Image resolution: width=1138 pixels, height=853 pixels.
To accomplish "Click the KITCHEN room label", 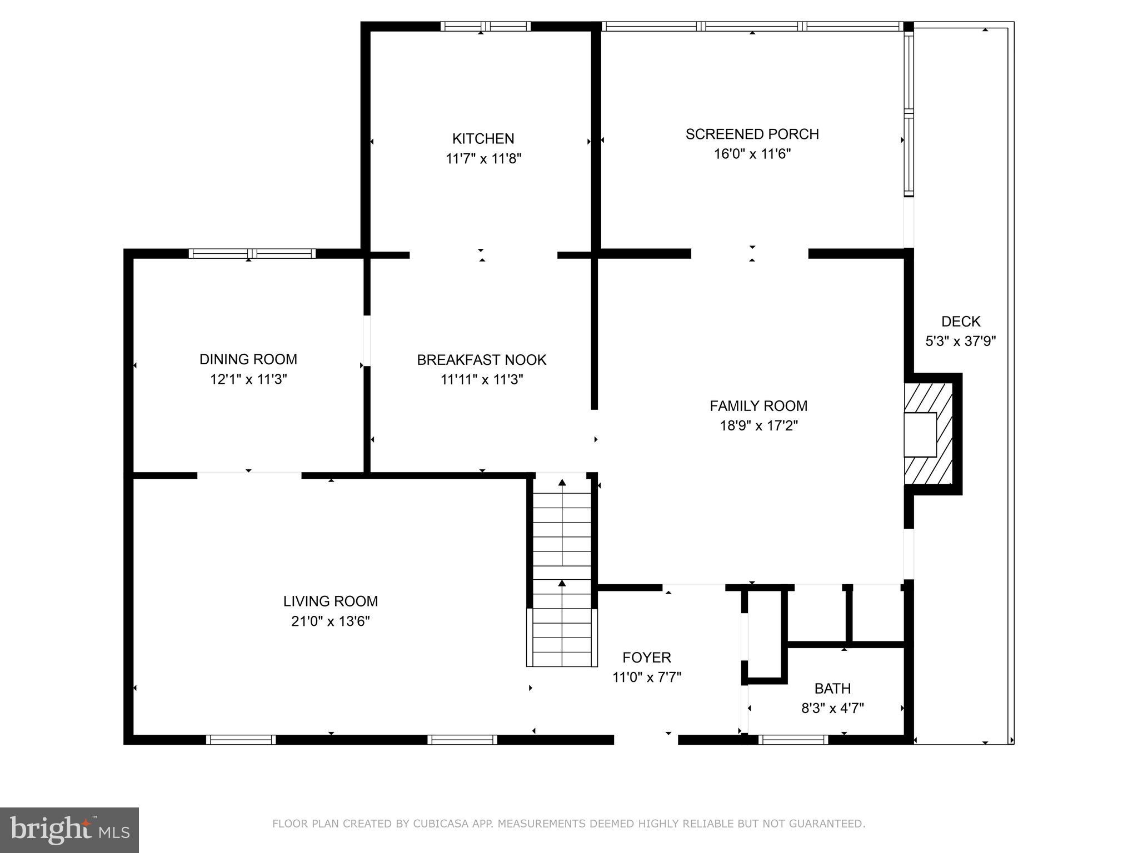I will (483, 138).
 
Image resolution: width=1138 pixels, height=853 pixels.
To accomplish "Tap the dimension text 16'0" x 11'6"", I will (752, 154).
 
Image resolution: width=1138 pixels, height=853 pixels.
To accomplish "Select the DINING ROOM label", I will (248, 359).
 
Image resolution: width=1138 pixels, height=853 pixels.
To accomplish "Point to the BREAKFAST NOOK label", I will (481, 360).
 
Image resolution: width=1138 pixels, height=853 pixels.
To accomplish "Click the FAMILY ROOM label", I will (758, 406).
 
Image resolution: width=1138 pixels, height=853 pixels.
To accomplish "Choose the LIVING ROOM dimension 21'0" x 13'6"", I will (330, 621).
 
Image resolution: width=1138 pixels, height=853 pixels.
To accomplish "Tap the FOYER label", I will (646, 658).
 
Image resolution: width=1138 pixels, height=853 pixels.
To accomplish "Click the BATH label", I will (832, 689).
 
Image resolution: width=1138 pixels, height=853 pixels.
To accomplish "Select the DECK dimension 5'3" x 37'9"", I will (960, 341).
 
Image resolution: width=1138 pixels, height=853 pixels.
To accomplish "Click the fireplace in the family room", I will (928, 434).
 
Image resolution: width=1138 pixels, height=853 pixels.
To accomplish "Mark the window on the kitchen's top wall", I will (486, 26).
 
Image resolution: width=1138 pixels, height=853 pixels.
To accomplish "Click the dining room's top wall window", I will (252, 254).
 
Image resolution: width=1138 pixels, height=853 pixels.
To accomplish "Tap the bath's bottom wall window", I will (793, 739).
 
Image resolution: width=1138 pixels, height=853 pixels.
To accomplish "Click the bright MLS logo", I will (69, 830).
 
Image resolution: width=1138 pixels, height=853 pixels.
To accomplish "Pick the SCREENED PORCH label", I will (752, 134).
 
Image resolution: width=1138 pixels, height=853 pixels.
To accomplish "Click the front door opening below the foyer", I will (646, 739).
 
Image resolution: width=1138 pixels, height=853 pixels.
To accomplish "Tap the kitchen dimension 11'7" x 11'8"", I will (483, 159).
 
